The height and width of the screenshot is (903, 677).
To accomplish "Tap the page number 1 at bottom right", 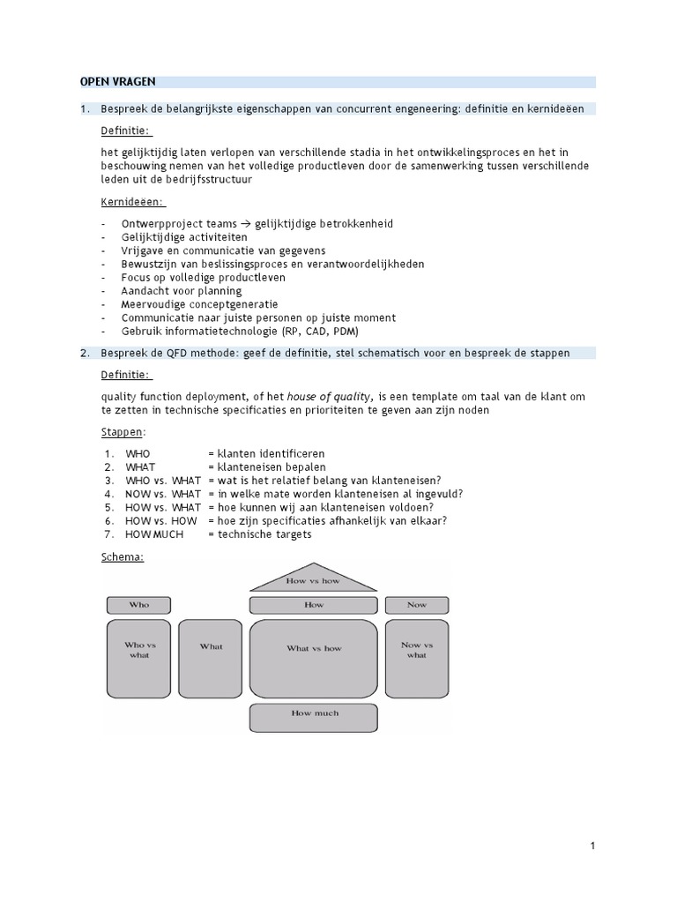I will pos(593,847).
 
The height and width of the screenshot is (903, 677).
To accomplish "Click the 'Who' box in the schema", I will pos(139,605).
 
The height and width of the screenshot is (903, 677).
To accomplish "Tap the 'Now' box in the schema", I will pos(417,605).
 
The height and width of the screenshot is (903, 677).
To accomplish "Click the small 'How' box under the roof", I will pos(314,605).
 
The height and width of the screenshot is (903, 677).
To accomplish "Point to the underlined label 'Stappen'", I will pos(122,432).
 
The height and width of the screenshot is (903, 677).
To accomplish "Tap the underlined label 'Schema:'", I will pos(123,557).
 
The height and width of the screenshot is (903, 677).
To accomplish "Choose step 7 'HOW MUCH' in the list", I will pos(154,534).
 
